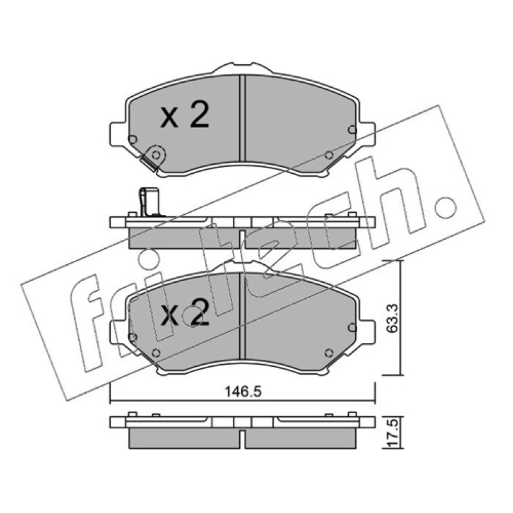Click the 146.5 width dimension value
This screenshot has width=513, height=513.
tap(243, 392)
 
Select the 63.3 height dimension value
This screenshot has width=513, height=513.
tap(392, 318)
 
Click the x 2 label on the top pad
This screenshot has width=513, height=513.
tap(185, 115)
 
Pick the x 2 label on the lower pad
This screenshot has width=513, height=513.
tap(185, 312)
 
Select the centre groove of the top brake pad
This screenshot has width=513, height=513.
tap(242, 118)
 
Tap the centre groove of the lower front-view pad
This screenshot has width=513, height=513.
tap(242, 315)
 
